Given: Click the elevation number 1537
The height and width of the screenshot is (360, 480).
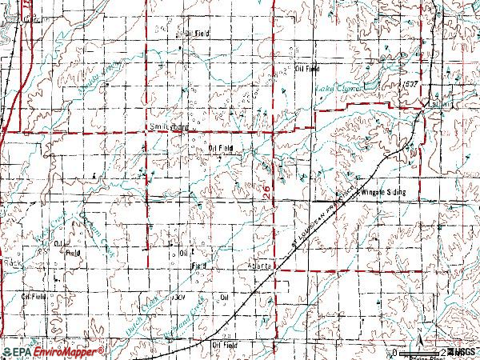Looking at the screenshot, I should [412, 82].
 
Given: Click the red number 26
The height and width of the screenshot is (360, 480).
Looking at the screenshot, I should [265, 190].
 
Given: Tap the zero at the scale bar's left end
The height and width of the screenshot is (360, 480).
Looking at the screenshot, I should [395, 352].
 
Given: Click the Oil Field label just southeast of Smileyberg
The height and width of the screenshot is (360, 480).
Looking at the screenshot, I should [220, 149].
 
